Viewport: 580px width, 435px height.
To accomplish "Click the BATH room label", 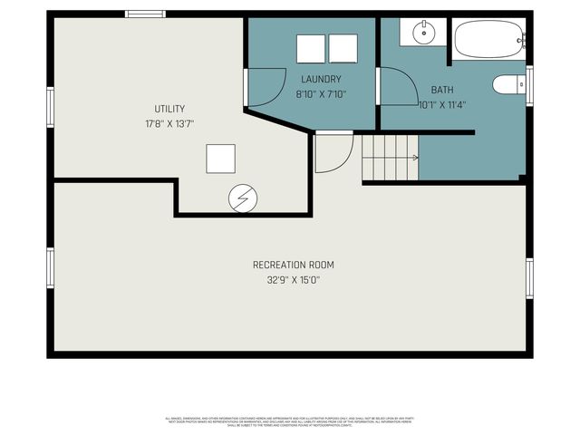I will tap(442, 90).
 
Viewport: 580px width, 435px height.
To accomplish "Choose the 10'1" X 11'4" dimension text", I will tap(442, 103).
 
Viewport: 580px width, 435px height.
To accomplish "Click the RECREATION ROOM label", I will tap(293, 265).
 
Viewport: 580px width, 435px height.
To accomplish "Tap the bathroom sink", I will tap(424, 34).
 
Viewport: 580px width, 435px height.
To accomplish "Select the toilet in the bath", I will tap(507, 84).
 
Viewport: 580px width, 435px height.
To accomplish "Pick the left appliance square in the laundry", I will tap(311, 48).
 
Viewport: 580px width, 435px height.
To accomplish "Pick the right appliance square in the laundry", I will tap(343, 48).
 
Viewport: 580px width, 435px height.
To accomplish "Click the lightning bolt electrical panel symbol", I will tap(242, 198).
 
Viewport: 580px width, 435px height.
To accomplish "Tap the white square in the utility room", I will tap(220, 159).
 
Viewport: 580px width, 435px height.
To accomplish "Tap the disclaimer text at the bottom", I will tap(290, 421).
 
